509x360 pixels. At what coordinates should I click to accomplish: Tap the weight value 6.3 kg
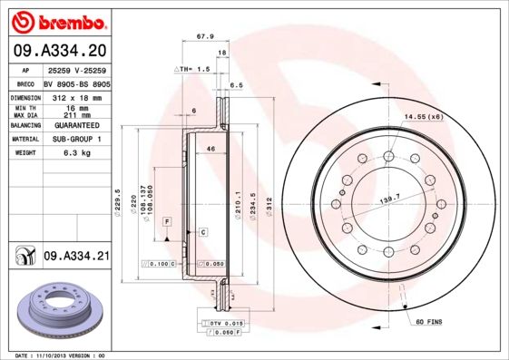pos(75,153)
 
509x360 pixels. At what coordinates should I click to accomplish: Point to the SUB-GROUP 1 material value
pos(75,139)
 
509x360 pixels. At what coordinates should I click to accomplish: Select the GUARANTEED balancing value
pos(75,124)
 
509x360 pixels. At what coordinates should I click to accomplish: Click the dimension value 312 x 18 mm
pos(75,95)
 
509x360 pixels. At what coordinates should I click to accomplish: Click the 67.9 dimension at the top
pos(205,37)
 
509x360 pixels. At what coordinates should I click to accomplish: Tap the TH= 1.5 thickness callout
pos(192,69)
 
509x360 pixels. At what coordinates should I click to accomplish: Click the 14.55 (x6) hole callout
pos(423,117)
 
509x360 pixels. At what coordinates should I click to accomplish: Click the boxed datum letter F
pos(167,221)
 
